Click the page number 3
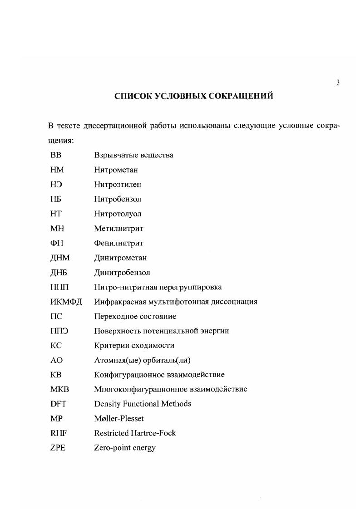tap(338, 82)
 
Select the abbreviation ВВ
tap(56, 155)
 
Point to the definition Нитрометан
tap(116, 170)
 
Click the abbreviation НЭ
tap(56, 185)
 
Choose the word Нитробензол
tap(118, 199)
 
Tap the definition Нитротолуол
tap(118, 214)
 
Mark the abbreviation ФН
tap(56, 243)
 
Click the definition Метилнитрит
tap(118, 229)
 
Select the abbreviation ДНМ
tap(60, 258)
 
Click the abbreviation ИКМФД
tap(66, 302)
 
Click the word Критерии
tap(110, 346)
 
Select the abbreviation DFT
tap(59, 404)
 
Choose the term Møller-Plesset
tap(118, 418)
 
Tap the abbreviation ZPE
tap(58, 448)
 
